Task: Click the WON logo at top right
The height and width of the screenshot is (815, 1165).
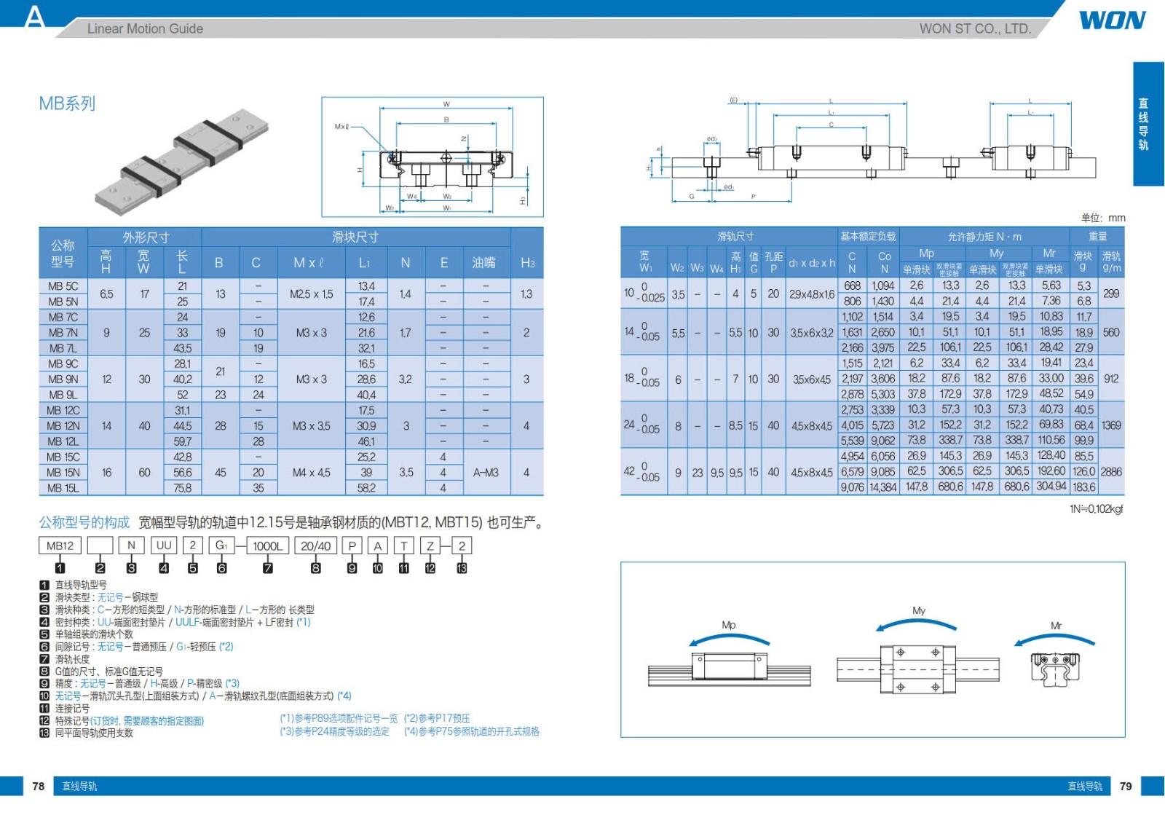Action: coord(1112,20)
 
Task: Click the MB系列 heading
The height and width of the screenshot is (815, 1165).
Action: coord(67,103)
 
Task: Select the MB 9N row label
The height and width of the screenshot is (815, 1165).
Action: coord(63,379)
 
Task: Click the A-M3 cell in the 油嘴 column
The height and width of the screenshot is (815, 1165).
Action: coord(486,472)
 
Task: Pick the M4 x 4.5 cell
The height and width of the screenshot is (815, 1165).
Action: coord(311,472)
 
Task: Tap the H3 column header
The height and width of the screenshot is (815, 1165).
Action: coord(527,263)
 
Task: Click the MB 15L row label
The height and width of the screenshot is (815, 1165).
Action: coord(63,488)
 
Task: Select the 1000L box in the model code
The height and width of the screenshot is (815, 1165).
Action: coord(267,546)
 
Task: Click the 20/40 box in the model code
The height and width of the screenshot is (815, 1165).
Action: coord(315,546)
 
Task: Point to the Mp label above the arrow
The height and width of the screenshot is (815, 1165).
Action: coord(729,625)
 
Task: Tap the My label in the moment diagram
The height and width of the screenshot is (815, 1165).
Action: coord(919,610)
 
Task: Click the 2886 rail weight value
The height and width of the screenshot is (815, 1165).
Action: coord(1111,471)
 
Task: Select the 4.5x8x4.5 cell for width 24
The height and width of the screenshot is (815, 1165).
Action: coord(812,425)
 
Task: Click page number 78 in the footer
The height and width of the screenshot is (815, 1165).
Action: coord(39,787)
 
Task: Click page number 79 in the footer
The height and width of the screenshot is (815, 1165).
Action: coord(1126,787)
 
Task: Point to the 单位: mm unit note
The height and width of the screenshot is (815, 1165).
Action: coord(1103,218)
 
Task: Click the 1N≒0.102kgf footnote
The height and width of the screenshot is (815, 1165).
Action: coord(1096,509)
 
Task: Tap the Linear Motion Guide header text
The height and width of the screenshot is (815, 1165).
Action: coord(145,28)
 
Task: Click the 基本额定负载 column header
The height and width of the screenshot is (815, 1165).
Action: coord(868,236)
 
